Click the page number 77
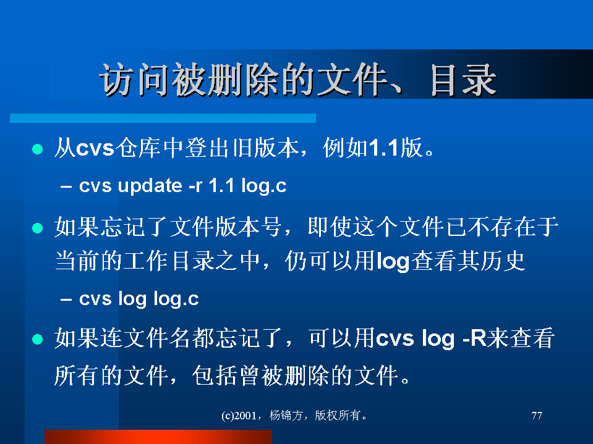pos(537,416)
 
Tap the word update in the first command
pos(150,186)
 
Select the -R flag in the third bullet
pos(474,338)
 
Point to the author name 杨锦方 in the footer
pos(286,416)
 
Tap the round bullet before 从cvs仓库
pos(38,149)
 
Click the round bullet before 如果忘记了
pos(38,228)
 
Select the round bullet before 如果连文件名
pos(38,339)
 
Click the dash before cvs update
pos(66,186)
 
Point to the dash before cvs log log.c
pos(66,299)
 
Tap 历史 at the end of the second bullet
pos(503,261)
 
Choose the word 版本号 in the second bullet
pos(248,227)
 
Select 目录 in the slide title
pos(463,80)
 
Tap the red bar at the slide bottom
pos(158,437)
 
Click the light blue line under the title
pos(163,118)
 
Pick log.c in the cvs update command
pos(264,186)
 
